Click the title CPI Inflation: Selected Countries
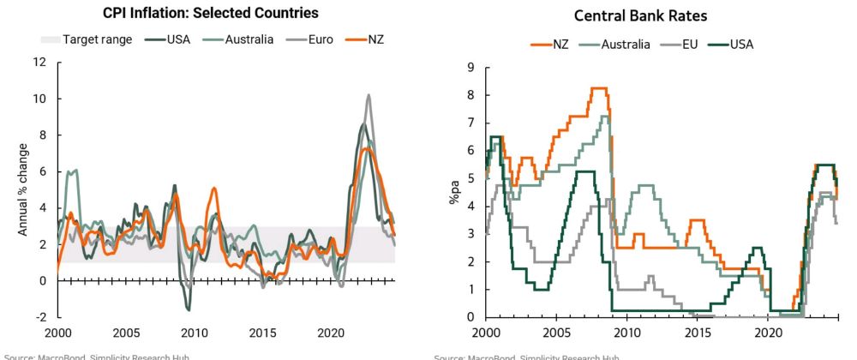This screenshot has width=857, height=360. (x=211, y=13)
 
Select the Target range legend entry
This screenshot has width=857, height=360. (x=86, y=39)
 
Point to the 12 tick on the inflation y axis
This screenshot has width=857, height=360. (x=39, y=63)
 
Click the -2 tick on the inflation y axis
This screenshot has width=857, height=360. (x=40, y=317)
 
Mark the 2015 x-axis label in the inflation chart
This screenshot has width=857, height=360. (x=260, y=332)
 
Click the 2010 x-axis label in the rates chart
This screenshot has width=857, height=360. (x=627, y=332)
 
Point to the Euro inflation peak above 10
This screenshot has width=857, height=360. (x=369, y=96)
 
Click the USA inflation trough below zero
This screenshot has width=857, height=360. (x=188, y=308)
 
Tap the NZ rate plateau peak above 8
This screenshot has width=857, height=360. (x=600, y=88)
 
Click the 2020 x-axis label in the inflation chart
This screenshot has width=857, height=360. (x=330, y=332)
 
